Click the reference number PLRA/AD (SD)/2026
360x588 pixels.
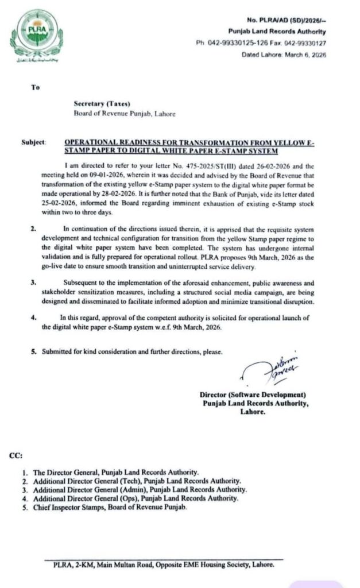287,20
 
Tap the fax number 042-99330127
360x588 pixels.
306,42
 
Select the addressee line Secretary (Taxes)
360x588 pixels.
102,104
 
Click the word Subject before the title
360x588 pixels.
33,141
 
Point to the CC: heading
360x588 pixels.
16,456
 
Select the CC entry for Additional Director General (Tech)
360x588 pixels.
137,481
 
